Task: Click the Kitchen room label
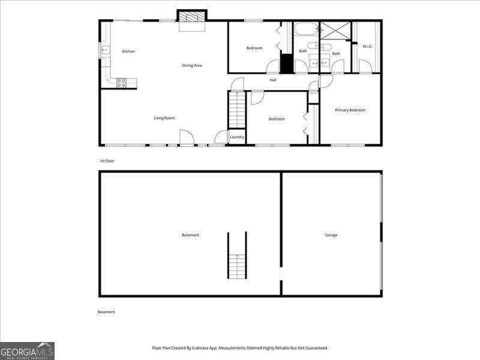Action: (128, 52)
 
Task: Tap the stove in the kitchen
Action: (121, 83)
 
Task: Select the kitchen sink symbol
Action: (104, 50)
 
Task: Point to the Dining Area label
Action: (192, 65)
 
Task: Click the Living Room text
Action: (164, 118)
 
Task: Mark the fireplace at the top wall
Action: (192, 17)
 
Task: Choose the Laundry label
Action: (237, 137)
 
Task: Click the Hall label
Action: (273, 80)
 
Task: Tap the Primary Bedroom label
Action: (350, 110)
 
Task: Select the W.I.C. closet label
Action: (367, 46)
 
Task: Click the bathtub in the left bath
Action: (307, 29)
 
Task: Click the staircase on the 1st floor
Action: (237, 109)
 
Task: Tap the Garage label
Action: (331, 235)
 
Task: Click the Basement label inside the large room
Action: (190, 235)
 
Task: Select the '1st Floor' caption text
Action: (107, 161)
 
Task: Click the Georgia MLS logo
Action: (28, 350)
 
